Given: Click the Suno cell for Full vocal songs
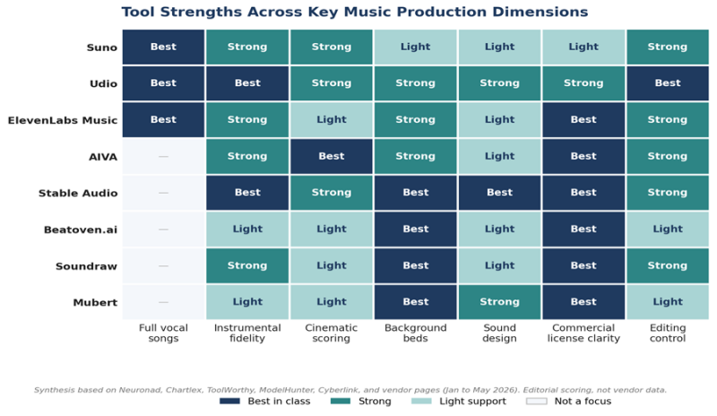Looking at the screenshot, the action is pos(163,47).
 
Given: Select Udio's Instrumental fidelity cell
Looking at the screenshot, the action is pos(247,83).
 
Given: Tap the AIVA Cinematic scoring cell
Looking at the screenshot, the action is pos(332,156).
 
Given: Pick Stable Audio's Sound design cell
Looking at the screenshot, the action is pos(499,193).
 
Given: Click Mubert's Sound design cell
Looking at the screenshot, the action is pos(499,302).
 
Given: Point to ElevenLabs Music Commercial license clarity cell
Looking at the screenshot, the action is pos(583,120).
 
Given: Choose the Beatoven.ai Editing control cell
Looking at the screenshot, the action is pos(668,230).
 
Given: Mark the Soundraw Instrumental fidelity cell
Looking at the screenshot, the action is pos(247,265).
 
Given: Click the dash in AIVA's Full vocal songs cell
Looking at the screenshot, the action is pos(163,157).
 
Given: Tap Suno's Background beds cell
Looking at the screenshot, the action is pos(415,47).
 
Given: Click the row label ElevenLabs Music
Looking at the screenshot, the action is pos(63,120).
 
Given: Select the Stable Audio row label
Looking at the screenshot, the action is pos(78,193).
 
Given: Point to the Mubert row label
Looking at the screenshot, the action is pos(95,302).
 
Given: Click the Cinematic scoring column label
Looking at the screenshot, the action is pos(331,334).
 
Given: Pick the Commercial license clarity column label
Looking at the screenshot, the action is pos(583,334).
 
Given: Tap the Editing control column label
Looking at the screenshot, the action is pos(668,334).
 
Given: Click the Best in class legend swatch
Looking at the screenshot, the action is pos(229,402).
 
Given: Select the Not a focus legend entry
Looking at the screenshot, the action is pos(569,402).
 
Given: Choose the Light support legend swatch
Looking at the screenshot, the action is pos(421,402).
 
